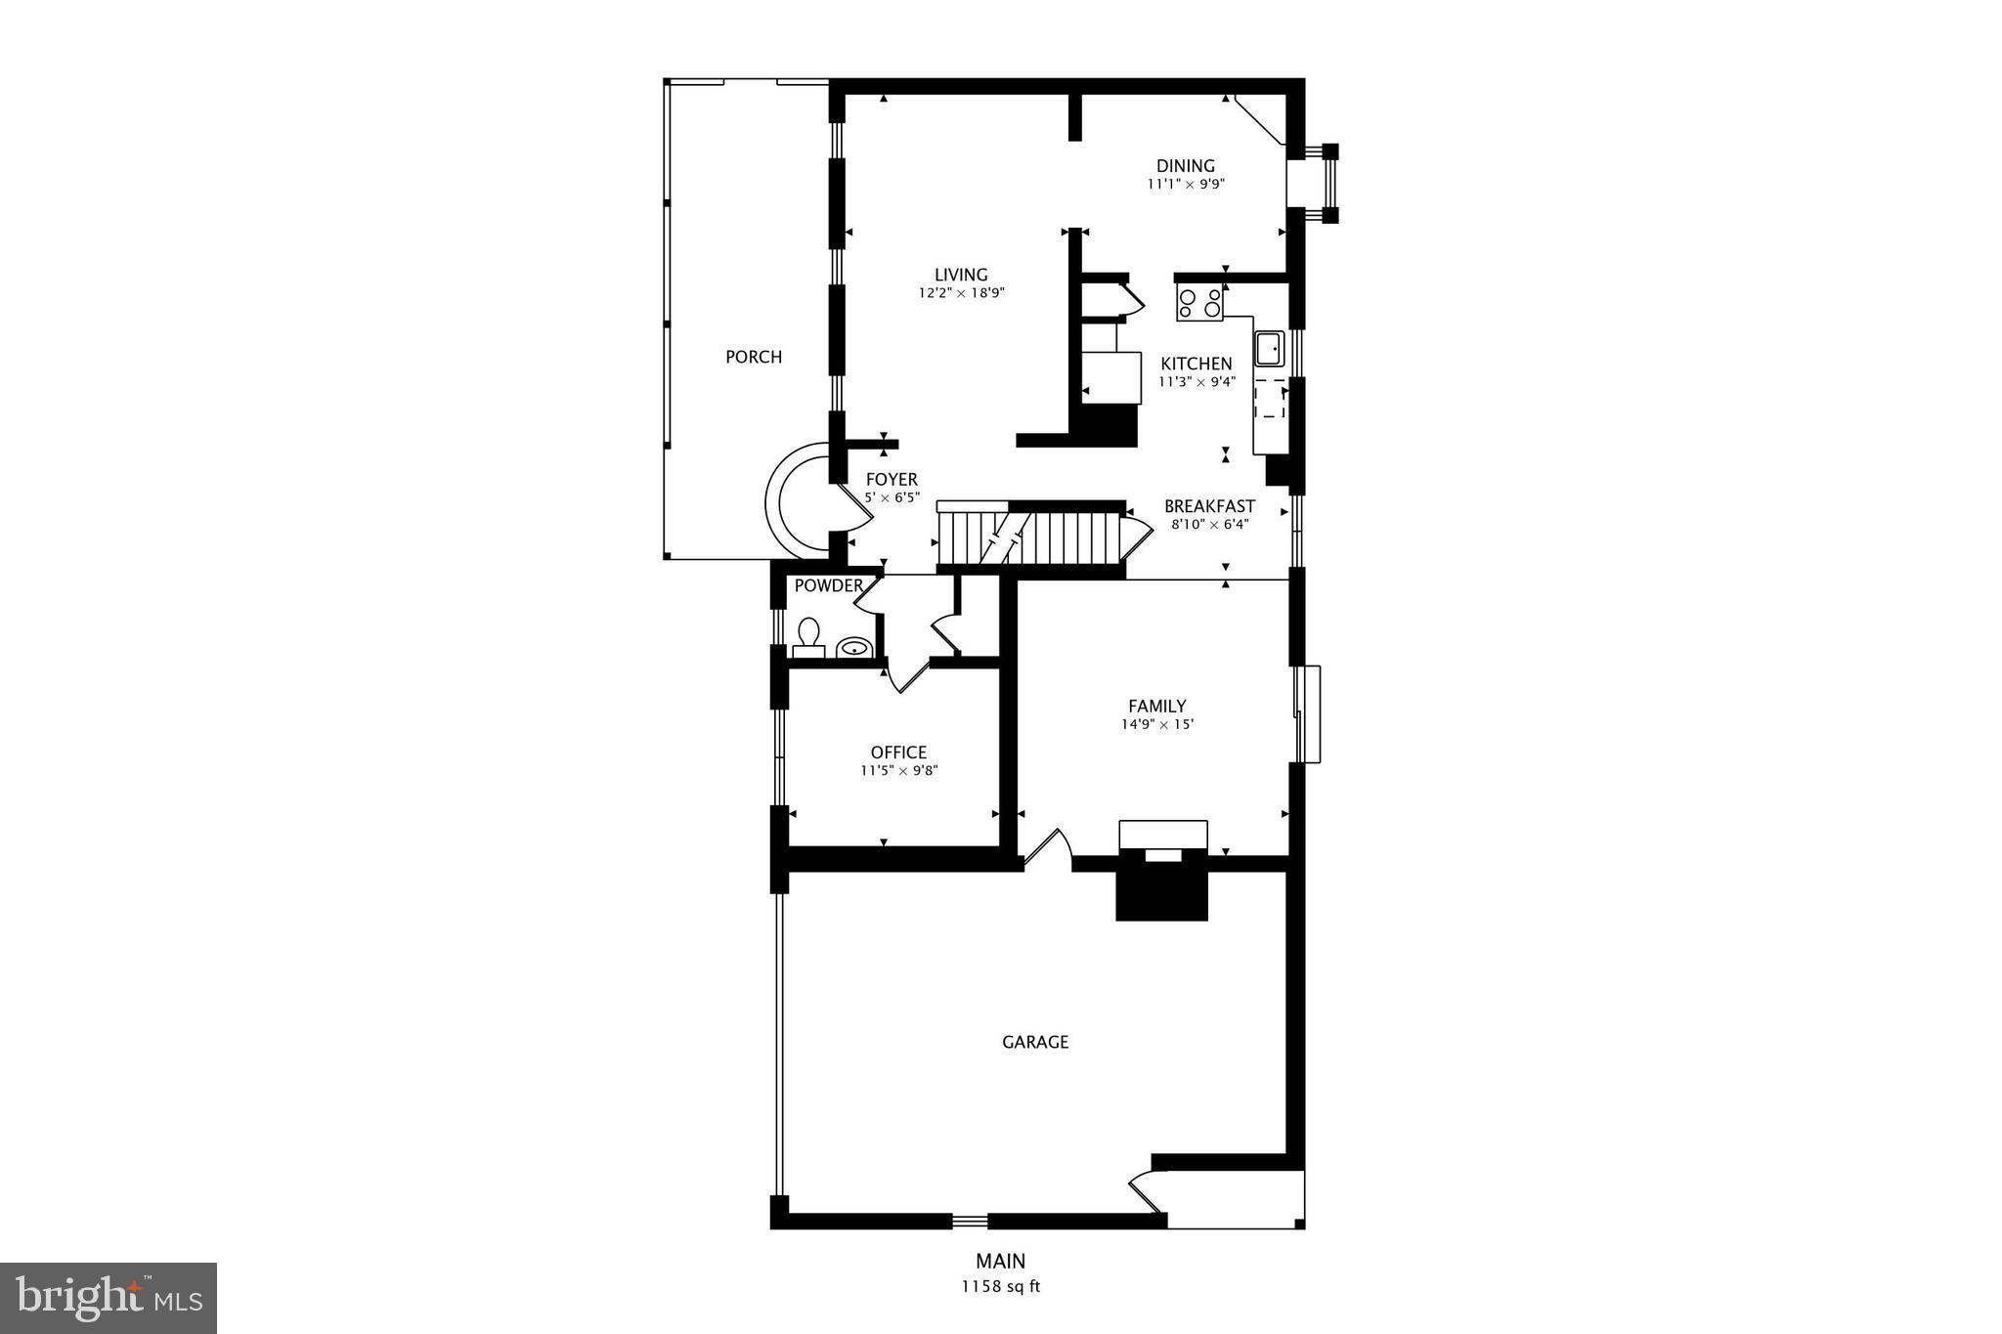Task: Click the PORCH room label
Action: (x=754, y=357)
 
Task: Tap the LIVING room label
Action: (x=961, y=275)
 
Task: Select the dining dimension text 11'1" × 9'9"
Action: (x=1186, y=184)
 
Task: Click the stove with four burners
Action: (x=1199, y=303)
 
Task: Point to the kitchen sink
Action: (x=1269, y=348)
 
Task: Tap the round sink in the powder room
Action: (x=854, y=647)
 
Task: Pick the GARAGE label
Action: (x=1035, y=1042)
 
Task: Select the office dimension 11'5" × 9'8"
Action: (x=898, y=770)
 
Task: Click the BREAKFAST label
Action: (x=1209, y=506)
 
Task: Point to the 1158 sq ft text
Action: (x=1001, y=1286)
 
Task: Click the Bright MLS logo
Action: (x=109, y=1298)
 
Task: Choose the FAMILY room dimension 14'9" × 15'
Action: (x=1157, y=724)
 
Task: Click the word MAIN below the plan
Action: (x=1000, y=1261)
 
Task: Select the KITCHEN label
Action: (x=1197, y=364)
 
